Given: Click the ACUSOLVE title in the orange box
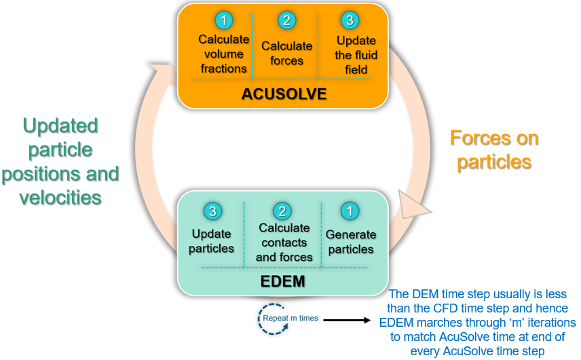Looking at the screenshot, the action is pyautogui.click(x=284, y=94).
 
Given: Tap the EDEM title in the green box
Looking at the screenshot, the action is pyautogui.click(x=283, y=281).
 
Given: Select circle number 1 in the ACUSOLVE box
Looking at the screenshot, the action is pyautogui.click(x=224, y=20).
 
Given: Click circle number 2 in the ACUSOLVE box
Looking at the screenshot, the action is pyautogui.click(x=287, y=20).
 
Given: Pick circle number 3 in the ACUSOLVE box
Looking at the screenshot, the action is pyautogui.click(x=350, y=20).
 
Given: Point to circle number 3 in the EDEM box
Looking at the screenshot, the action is pyautogui.click(x=212, y=211).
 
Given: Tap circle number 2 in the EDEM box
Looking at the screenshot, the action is pyautogui.click(x=282, y=211).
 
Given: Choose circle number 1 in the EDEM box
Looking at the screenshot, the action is pyautogui.click(x=350, y=211).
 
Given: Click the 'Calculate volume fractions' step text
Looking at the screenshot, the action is pyautogui.click(x=224, y=54).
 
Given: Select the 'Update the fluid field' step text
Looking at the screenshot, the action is pyautogui.click(x=356, y=55).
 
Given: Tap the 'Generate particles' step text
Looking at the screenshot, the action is pyautogui.click(x=351, y=242).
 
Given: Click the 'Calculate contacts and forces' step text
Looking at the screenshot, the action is pyautogui.click(x=284, y=242).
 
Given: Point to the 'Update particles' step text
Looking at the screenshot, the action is pyautogui.click(x=211, y=241).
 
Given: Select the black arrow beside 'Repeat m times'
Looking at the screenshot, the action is pyautogui.click(x=348, y=320).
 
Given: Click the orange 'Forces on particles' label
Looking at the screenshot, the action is pyautogui.click(x=494, y=150).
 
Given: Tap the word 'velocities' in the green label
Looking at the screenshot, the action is pyautogui.click(x=60, y=198).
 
